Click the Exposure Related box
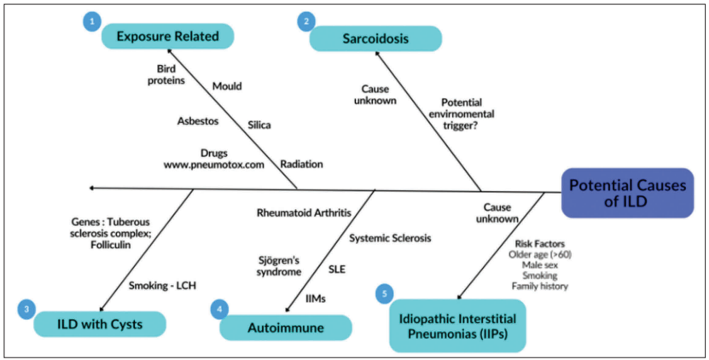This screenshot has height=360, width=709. [x=167, y=36]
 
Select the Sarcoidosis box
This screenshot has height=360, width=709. [x=375, y=38]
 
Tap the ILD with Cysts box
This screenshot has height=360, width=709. [x=100, y=324]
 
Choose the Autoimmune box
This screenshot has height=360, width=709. [x=286, y=328]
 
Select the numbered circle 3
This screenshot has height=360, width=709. [x=28, y=309]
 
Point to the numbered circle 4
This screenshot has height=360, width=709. [x=220, y=309]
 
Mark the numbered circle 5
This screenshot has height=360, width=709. [x=385, y=293]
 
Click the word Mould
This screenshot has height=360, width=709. [x=227, y=85]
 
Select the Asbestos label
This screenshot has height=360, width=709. [x=198, y=121]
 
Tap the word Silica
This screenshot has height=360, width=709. [x=259, y=125]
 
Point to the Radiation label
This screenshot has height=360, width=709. [x=302, y=164]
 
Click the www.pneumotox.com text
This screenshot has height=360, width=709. [x=214, y=165]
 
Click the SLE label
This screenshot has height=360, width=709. [x=338, y=268]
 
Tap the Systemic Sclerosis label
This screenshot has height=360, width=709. [x=391, y=238]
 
